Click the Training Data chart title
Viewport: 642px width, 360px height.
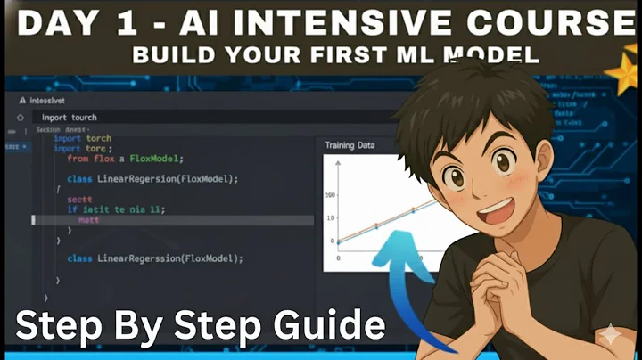click(x=350, y=145)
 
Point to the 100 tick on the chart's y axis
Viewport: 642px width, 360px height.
click(x=331, y=195)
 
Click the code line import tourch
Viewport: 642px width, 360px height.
click(x=70, y=117)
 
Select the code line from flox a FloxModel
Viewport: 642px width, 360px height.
click(x=125, y=159)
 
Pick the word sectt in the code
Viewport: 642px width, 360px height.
click(x=80, y=200)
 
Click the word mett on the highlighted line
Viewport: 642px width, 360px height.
click(x=89, y=219)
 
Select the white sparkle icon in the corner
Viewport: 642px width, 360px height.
click(x=613, y=336)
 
